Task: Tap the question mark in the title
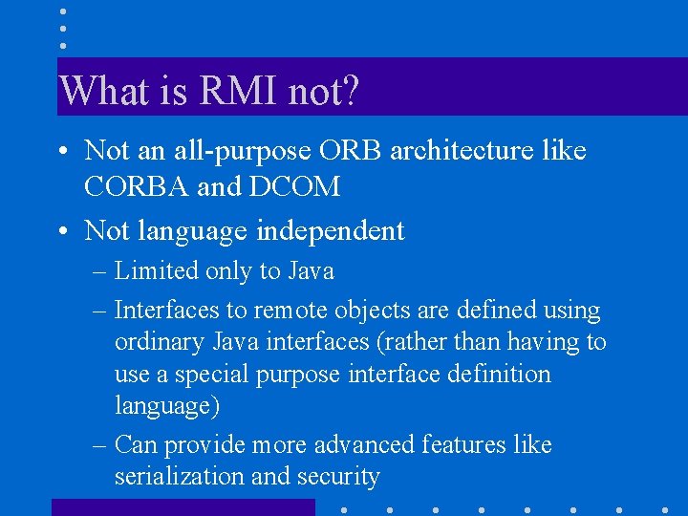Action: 350,92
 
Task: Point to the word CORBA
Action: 137,186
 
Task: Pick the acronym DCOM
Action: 294,186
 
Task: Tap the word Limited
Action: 157,271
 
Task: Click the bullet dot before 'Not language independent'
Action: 61,231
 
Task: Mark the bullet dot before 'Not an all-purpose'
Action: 61,151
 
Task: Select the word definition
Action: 497,374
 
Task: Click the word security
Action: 338,477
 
